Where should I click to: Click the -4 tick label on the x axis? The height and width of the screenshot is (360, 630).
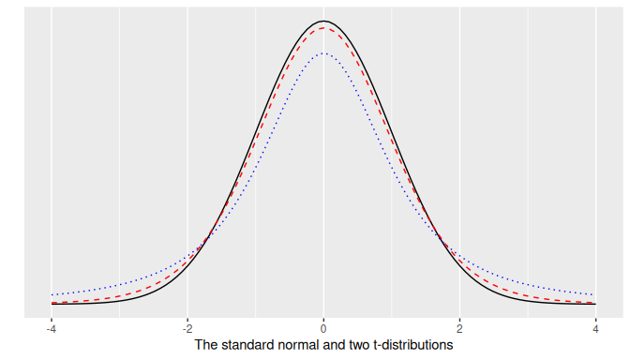(51, 328)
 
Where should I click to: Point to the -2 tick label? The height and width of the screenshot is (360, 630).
(187, 328)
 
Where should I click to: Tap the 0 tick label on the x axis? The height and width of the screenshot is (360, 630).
(323, 328)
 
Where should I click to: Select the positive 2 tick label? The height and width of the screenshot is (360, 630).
(459, 328)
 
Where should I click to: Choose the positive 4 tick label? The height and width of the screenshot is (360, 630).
(595, 328)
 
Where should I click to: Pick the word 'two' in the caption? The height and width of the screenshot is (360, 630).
(357, 345)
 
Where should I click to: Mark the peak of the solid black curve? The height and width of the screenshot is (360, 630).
(323, 21)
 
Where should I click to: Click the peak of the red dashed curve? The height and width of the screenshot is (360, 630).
(323, 28)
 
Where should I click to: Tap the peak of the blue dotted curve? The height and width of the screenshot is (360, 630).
(323, 53)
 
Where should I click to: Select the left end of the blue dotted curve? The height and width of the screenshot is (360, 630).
(52, 294)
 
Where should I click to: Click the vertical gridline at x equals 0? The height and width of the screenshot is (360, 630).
(323, 187)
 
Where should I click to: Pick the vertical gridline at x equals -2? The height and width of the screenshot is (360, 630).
(187, 141)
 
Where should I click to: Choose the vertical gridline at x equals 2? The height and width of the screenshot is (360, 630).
(459, 141)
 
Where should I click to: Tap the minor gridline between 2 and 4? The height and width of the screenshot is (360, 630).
(527, 141)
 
